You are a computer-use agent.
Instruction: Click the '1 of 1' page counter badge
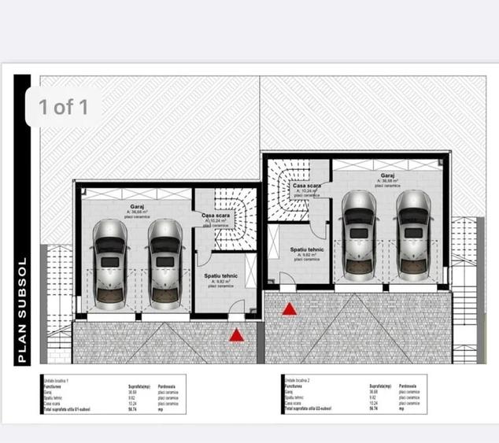[x=64, y=107]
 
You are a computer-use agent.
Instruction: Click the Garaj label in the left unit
[x=137, y=207]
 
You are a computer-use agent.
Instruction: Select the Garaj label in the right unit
[x=387, y=176]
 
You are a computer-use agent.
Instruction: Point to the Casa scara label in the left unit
[x=215, y=216]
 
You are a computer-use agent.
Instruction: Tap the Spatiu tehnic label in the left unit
[x=222, y=275]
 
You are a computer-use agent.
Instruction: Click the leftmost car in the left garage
[x=109, y=262]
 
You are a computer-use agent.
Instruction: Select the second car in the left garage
[x=164, y=262]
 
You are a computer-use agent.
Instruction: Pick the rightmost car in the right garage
[x=413, y=234]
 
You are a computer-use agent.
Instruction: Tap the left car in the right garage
[x=359, y=234]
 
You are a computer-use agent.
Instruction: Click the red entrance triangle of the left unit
[x=236, y=336]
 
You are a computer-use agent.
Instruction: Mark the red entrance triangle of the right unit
[x=290, y=309]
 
